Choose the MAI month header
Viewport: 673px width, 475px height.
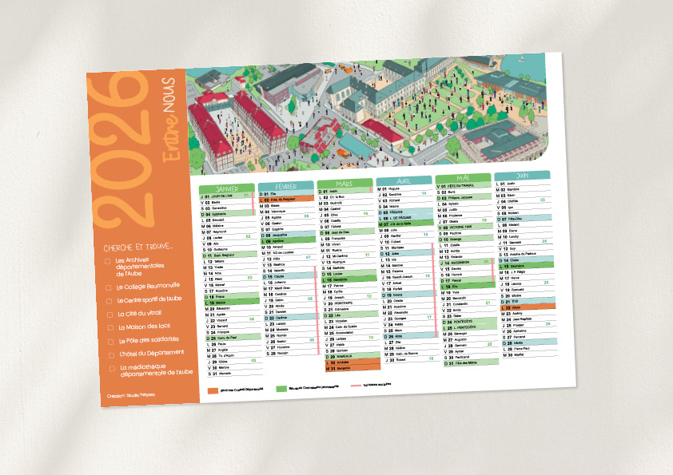(463, 178)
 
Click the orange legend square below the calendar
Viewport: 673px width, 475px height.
(212, 391)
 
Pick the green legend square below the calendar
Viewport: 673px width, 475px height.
(281, 389)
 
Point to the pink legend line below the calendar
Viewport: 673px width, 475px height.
(352, 385)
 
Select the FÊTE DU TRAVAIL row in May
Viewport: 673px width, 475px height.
(463, 185)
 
